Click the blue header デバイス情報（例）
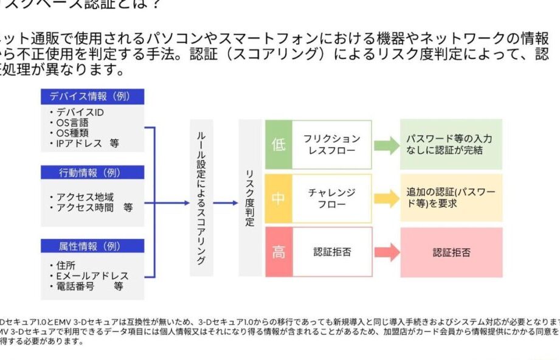(x=92, y=96)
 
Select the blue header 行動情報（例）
(x=92, y=172)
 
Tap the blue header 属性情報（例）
(x=92, y=246)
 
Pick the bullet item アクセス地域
(x=85, y=197)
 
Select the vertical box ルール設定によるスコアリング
(x=201, y=198)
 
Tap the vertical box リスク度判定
(x=250, y=198)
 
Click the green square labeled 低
(x=278, y=145)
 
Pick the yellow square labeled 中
(x=278, y=198)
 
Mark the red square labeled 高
(x=278, y=252)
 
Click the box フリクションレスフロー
(x=332, y=145)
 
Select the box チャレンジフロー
(x=332, y=198)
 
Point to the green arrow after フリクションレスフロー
(x=385, y=145)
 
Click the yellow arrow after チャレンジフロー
(x=385, y=198)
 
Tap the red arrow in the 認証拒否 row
(x=385, y=252)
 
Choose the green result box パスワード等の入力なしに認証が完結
(x=451, y=145)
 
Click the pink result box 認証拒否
(x=451, y=252)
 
